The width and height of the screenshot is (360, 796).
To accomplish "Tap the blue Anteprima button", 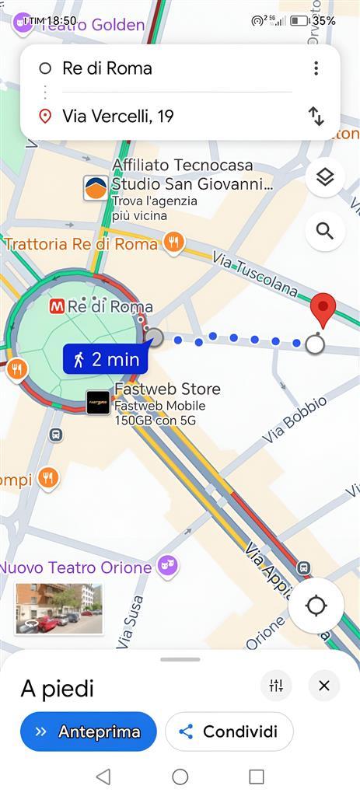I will [88, 731].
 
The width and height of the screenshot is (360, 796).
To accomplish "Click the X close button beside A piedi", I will [323, 686].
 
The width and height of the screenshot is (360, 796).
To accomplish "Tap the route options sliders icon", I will [276, 686].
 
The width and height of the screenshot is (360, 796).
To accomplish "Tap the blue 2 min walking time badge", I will [106, 359].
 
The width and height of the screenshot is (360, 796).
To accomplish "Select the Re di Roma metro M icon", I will [57, 306].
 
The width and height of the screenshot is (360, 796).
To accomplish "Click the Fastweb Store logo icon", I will [98, 403].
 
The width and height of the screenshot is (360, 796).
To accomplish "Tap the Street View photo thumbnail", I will [58, 609].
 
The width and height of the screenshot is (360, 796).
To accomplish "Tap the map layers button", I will [325, 178].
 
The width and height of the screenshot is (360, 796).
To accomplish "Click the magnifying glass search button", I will [325, 231].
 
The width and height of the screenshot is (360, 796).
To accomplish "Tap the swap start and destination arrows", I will [316, 117].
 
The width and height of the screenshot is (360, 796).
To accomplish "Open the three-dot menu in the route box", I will [316, 68].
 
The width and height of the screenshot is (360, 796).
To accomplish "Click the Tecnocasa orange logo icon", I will [96, 187].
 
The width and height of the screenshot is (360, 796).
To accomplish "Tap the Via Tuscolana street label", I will [255, 274].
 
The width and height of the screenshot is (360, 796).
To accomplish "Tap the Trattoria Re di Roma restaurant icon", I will [175, 243].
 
